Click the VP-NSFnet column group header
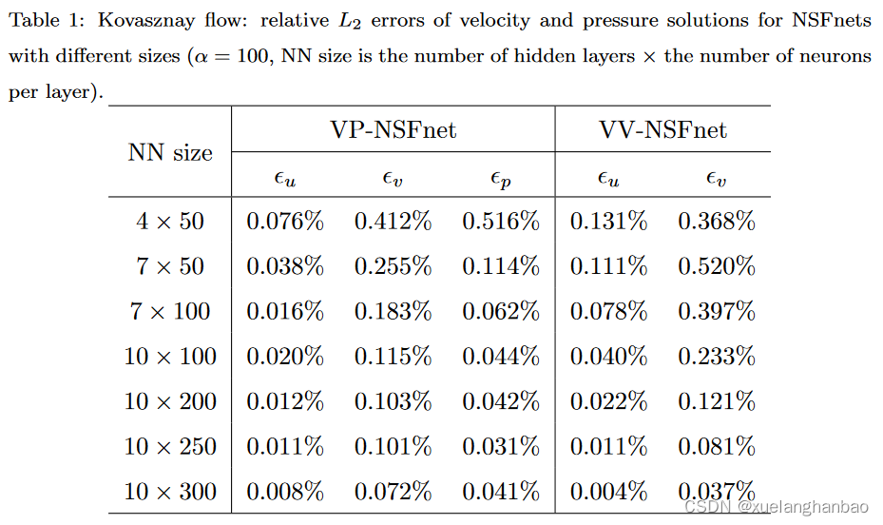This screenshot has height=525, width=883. pos(394,129)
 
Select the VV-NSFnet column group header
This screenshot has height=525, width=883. pos(662,129)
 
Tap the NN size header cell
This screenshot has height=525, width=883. pos(170,152)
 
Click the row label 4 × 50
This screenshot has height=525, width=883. pos(170,222)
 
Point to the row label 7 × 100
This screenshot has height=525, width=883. pos(170,311)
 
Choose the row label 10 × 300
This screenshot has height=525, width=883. pos(170,492)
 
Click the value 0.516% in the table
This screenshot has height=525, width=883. pos(501,222)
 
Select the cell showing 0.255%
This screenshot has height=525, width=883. pos(394,266)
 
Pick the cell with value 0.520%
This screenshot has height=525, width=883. pos(717,266)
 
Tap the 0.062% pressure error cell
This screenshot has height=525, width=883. pos(501,311)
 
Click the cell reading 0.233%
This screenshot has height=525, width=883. pos(717,357)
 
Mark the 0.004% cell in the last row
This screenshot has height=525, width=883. pos(608,492)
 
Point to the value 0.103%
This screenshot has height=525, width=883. pos(394,401)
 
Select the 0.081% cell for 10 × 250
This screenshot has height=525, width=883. pos(717,446)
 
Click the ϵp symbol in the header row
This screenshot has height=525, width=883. pos(501,177)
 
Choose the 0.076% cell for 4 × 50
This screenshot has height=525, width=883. pos(285,222)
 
